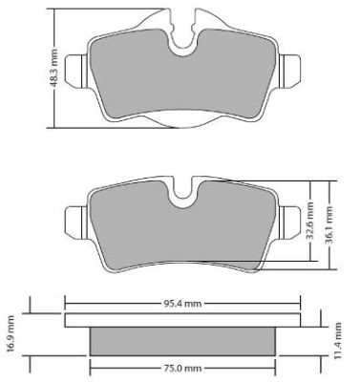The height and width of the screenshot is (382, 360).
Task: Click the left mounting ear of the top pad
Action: pyautogui.click(x=75, y=66)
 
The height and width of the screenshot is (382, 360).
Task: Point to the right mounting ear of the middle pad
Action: pyautogui.click(x=290, y=221)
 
